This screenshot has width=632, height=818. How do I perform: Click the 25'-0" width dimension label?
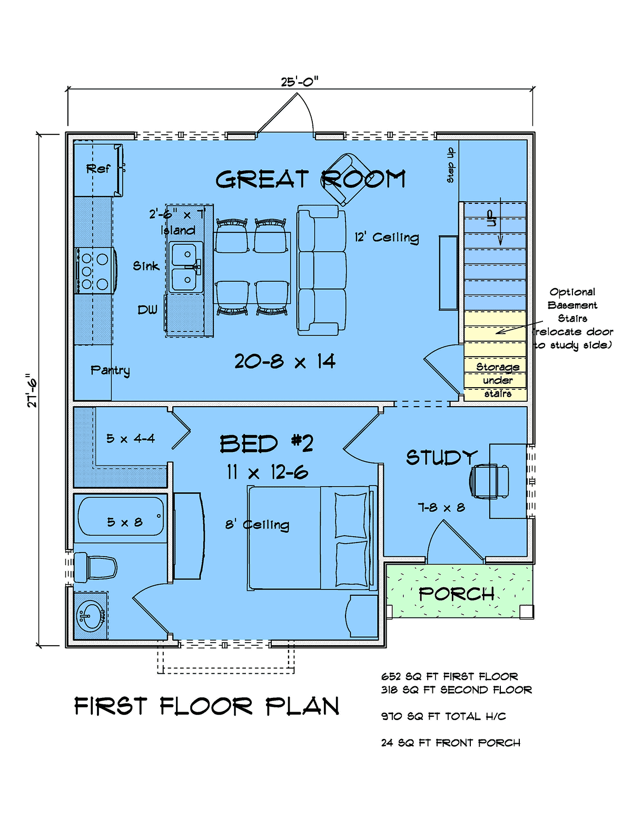[300, 82]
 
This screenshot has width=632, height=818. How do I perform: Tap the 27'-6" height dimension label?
[32, 390]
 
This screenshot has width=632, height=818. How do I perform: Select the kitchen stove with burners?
[96, 270]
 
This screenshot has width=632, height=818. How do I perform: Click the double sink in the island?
[185, 267]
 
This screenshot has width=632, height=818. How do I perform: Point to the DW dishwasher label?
[147, 310]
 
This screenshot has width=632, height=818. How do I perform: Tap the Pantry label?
[110, 370]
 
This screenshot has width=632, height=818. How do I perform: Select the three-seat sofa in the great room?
[322, 270]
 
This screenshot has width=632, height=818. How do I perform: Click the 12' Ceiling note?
[387, 238]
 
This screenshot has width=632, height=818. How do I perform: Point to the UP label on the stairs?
[491, 219]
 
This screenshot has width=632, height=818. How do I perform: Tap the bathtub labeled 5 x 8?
[121, 516]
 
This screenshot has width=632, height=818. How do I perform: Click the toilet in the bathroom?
[95, 567]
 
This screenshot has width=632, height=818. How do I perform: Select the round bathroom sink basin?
[91, 616]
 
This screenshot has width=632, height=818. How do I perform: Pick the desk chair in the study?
[489, 481]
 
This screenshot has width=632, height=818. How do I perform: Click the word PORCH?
[457, 594]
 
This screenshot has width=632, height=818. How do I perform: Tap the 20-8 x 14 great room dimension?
[285, 361]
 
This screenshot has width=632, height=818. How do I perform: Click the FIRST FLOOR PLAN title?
[206, 706]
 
